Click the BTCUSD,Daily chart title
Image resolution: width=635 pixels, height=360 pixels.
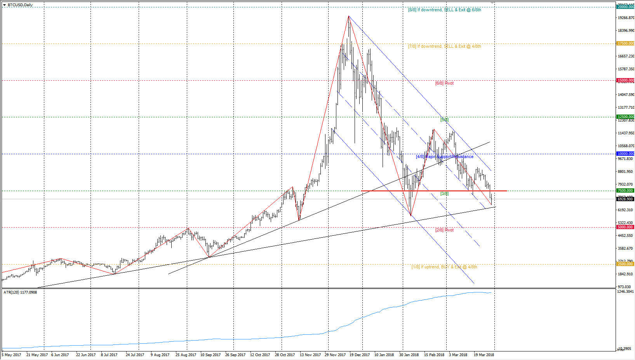click(x=20, y=5)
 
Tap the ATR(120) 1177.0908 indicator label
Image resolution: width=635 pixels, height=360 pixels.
click(x=20, y=292)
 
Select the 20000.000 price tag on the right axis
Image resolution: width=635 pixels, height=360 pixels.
click(x=625, y=7)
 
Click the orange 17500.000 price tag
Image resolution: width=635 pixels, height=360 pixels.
click(x=625, y=43)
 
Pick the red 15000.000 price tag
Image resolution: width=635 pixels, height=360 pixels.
click(x=625, y=80)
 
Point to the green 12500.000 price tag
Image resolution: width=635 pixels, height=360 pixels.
click(x=625, y=117)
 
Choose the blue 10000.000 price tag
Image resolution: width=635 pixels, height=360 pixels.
click(x=625, y=154)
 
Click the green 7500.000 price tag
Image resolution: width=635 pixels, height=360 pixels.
click(x=625, y=191)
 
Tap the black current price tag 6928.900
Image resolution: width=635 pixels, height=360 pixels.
click(x=625, y=199)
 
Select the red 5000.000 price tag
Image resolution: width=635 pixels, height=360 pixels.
click(x=625, y=227)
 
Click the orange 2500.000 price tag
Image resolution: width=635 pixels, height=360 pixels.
click(x=625, y=264)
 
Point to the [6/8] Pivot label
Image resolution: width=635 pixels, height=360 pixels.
click(x=444, y=83)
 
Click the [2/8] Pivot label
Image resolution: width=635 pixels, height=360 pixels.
click(x=444, y=230)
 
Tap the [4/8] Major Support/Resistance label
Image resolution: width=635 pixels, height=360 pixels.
click(x=445, y=157)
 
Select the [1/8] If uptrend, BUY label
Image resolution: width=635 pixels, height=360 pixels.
click(x=444, y=267)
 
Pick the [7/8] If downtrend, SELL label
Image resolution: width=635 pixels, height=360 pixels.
click(x=444, y=46)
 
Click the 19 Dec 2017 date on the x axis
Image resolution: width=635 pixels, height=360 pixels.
click(x=360, y=355)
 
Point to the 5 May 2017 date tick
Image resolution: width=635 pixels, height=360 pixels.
click(x=12, y=355)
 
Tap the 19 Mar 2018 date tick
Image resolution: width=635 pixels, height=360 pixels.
click(x=484, y=355)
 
